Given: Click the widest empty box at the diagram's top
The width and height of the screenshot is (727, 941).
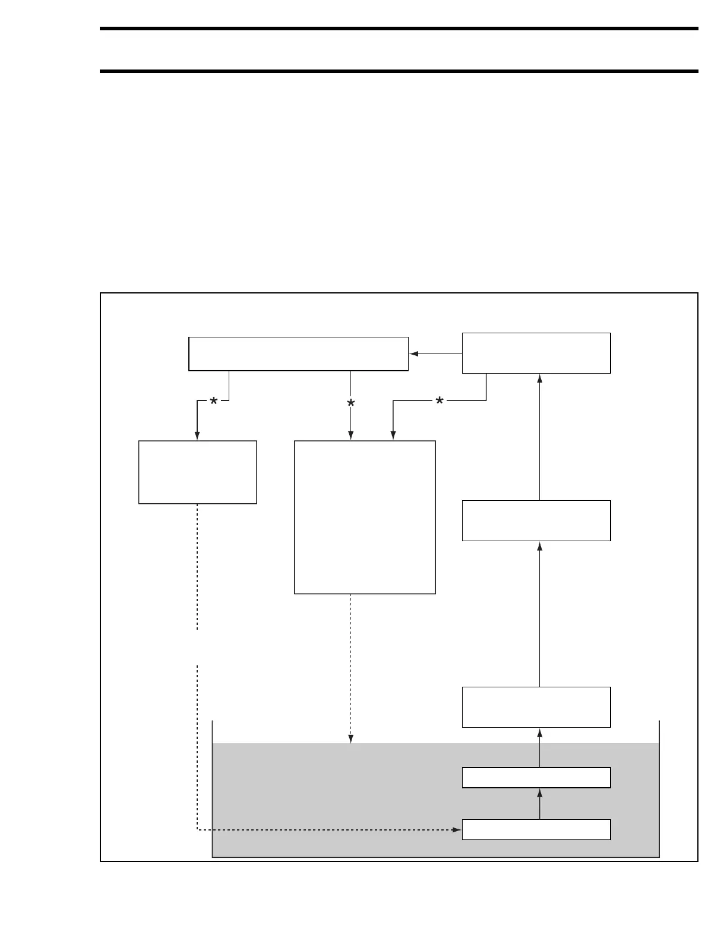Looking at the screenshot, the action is pyautogui.click(x=298, y=354).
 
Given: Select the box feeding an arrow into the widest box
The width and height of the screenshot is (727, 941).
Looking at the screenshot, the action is pyautogui.click(x=536, y=353).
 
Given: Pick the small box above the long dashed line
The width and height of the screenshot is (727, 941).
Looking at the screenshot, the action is pyautogui.click(x=197, y=472).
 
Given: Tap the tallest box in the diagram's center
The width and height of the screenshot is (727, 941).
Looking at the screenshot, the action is pyautogui.click(x=365, y=517).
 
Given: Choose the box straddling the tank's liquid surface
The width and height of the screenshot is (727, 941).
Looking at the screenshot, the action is pyautogui.click(x=536, y=707).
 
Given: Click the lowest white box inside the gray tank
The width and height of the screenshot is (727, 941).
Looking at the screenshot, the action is pyautogui.click(x=536, y=829).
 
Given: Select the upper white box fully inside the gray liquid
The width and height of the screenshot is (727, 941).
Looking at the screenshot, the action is pyautogui.click(x=536, y=778).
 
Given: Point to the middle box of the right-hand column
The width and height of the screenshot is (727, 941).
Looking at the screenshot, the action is pyautogui.click(x=536, y=520).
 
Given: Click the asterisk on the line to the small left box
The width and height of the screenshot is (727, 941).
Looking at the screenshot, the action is pyautogui.click(x=213, y=403).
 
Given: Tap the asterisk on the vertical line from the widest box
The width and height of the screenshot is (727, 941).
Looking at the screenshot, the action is pyautogui.click(x=351, y=404).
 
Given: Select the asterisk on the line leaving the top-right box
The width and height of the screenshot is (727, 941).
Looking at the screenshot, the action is pyautogui.click(x=440, y=402).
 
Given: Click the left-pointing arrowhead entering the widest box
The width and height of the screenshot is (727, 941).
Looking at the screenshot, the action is pyautogui.click(x=414, y=354).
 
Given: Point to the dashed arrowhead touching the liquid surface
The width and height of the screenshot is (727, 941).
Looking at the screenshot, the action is pyautogui.click(x=351, y=739).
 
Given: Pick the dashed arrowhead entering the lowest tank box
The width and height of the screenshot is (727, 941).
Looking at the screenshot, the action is pyautogui.click(x=457, y=829).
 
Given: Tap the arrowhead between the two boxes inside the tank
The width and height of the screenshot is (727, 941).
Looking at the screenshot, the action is pyautogui.click(x=540, y=793).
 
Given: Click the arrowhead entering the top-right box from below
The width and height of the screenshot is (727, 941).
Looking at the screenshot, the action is pyautogui.click(x=540, y=378).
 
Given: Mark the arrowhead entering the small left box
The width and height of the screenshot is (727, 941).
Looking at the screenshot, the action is pyautogui.click(x=197, y=436).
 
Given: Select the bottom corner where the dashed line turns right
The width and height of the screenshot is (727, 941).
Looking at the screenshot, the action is pyautogui.click(x=197, y=829).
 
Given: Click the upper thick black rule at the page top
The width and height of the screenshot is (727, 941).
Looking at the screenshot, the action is pyautogui.click(x=399, y=28).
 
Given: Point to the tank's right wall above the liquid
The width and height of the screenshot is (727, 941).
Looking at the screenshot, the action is pyautogui.click(x=660, y=731).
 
